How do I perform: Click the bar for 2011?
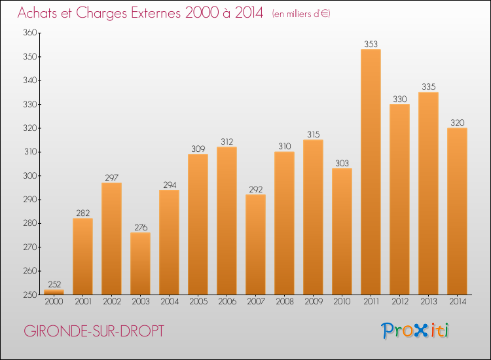pos(371,172)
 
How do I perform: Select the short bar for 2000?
pos(54,292)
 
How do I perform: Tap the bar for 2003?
pos(140,264)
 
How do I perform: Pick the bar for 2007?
pos(255,245)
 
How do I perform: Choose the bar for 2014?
pos(457,211)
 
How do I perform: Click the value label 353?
pos(371,44)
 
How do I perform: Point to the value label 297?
pos(112,178)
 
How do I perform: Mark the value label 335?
pos(429,86)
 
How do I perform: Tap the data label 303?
pos(342,163)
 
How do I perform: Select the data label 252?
pos(54,284)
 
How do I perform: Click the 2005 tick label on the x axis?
pos(198,302)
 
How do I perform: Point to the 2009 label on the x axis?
pos(314,302)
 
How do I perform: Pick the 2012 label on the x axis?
pos(400,302)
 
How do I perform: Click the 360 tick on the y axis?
pos(30,33)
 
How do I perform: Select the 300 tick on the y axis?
pos(30,175)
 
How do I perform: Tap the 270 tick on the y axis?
pos(30,247)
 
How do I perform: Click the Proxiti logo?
pos(415,331)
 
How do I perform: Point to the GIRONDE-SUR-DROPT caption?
pos(94,331)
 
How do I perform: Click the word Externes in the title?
pos(156,13)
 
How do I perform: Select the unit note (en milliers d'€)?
pos(301,14)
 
